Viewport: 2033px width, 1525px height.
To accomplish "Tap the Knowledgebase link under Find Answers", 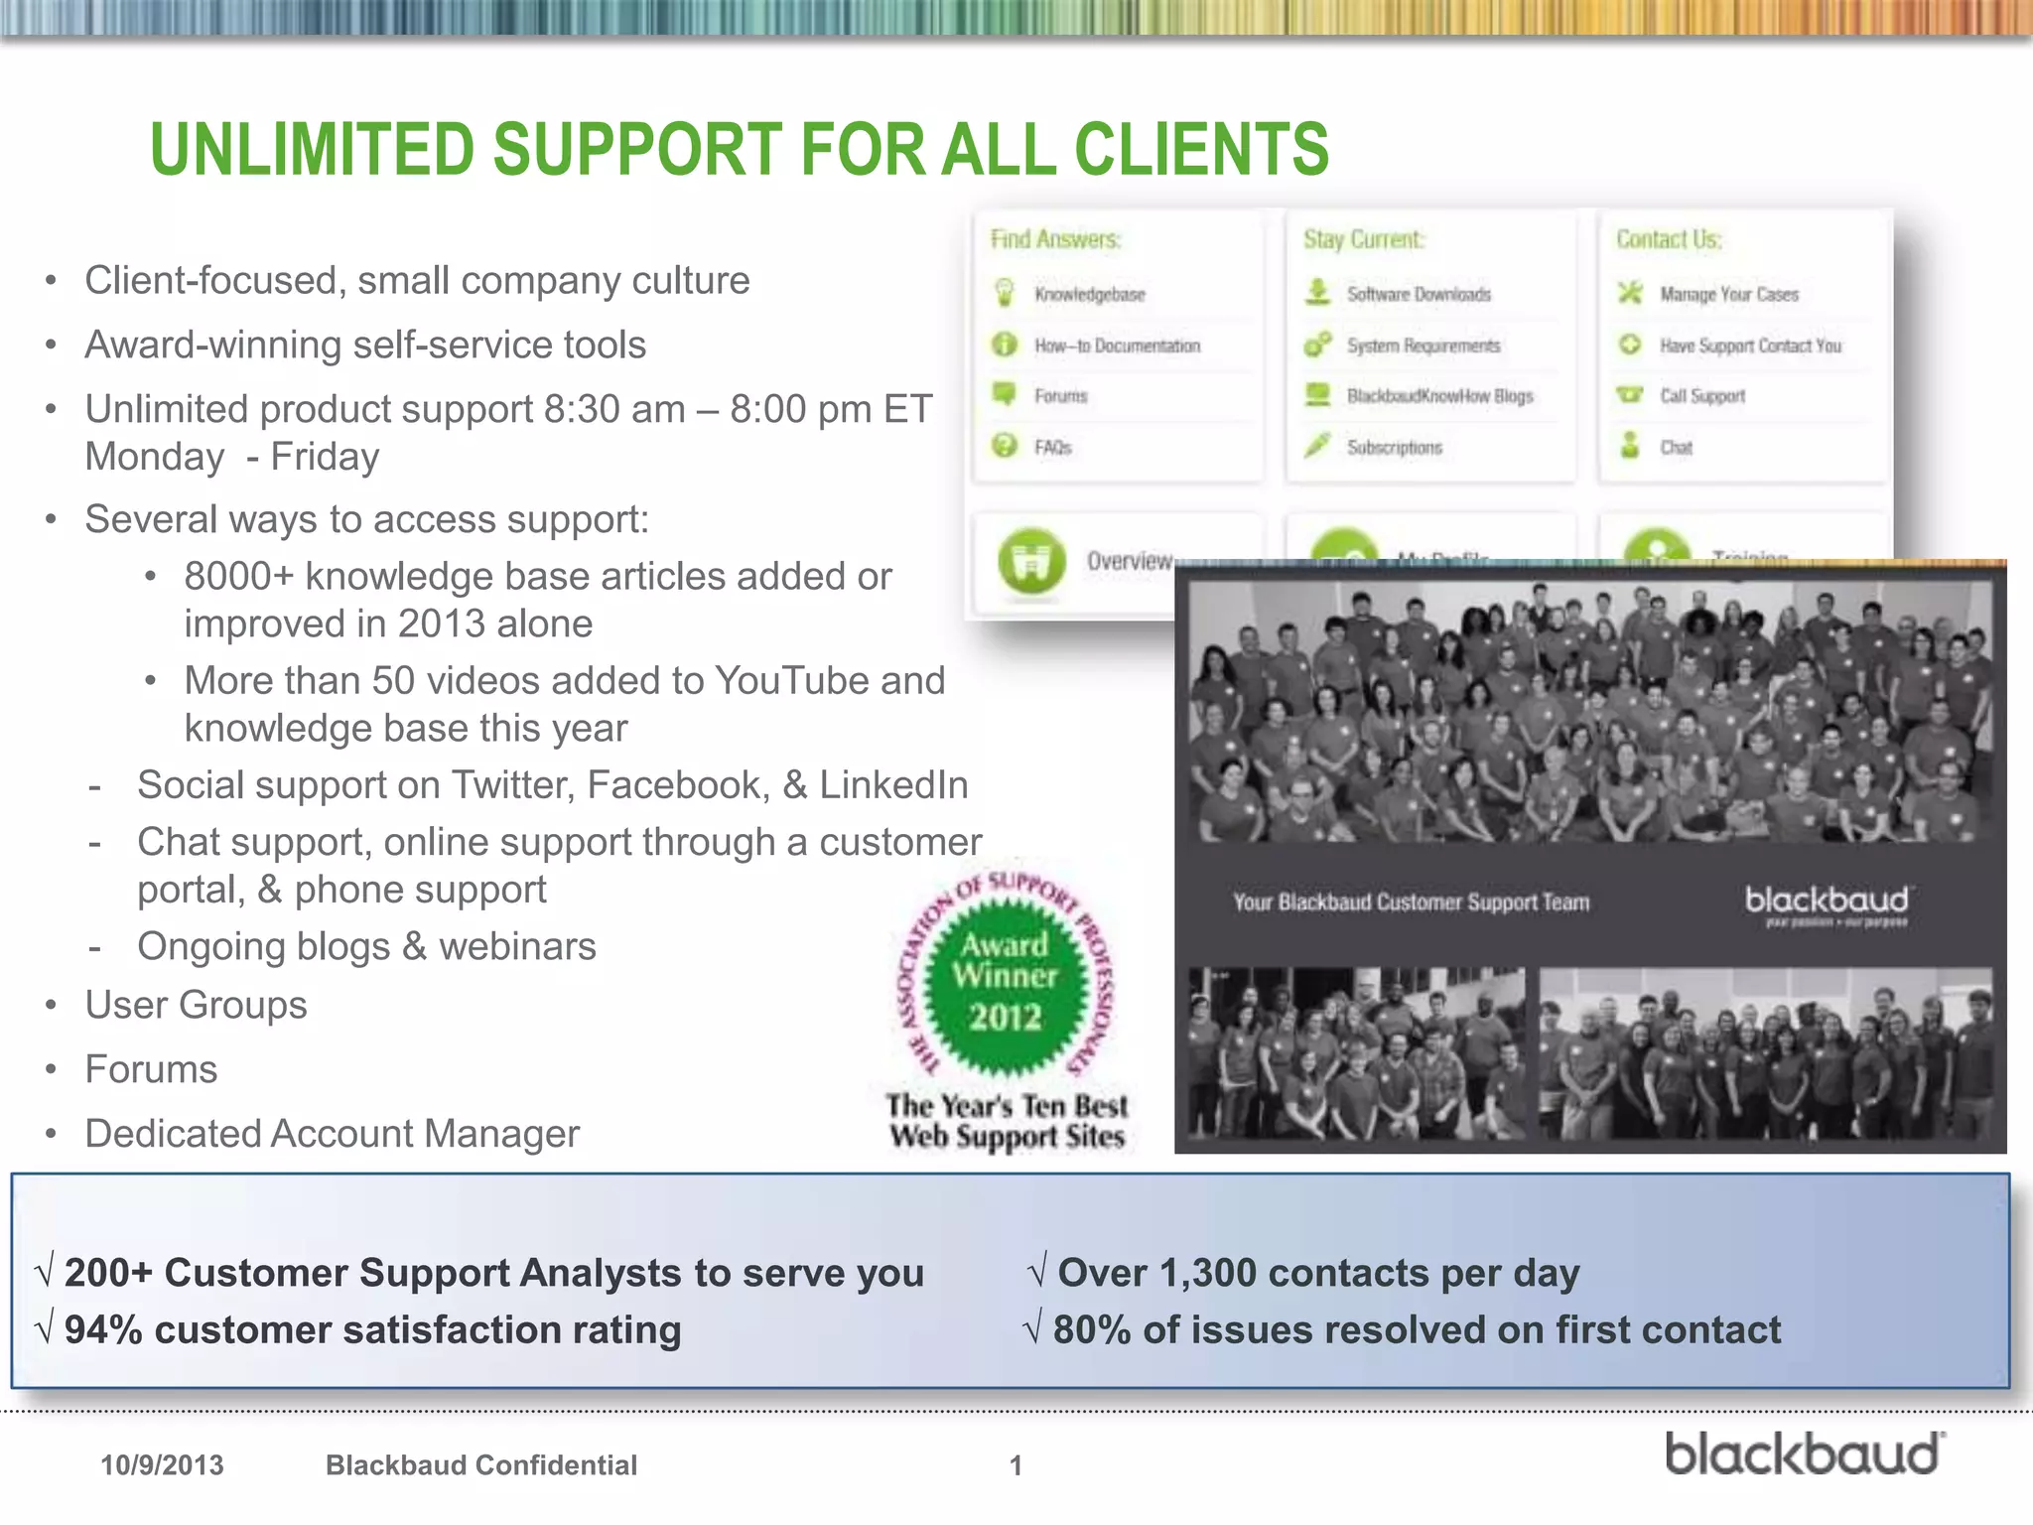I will coord(1089,295).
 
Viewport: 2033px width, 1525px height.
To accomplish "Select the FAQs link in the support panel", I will coord(1052,448).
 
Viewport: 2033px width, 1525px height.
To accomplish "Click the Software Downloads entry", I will coord(1419,295).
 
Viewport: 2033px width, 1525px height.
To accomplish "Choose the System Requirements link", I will coord(1423,346).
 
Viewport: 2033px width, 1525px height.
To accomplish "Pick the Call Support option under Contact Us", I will coord(1701,396).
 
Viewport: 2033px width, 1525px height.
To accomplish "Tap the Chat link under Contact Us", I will coord(1676,448).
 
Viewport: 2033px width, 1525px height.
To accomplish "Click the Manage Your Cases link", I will coord(1728,295).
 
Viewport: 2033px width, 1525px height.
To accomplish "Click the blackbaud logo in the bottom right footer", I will coord(1804,1454).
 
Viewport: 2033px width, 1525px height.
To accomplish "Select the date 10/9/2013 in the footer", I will coord(162,1465).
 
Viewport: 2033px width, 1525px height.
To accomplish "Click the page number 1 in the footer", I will coord(1016,1465).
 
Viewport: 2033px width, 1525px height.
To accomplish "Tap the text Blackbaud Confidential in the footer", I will coord(481,1465).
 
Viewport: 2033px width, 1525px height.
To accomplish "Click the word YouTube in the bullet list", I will coord(781,681).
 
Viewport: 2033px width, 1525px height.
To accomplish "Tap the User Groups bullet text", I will coord(196,1005).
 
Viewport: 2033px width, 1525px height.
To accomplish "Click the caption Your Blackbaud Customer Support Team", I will coord(1411,902).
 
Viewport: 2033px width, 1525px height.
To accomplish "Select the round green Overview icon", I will coord(1031,562).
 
